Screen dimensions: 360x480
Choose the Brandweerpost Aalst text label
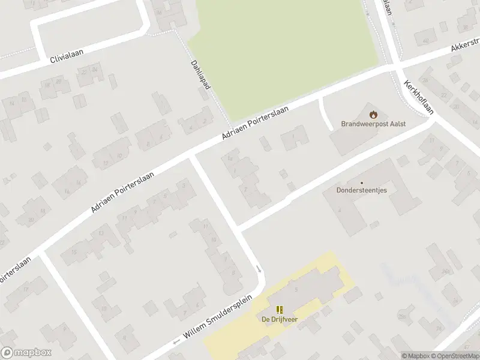373,124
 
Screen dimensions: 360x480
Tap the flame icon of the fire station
373,114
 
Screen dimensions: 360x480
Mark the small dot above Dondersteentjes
361,183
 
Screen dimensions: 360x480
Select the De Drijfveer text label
279,319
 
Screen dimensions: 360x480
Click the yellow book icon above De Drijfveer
279,310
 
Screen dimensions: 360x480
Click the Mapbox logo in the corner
26,353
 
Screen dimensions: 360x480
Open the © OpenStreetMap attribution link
454,356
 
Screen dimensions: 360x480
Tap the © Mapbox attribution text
415,356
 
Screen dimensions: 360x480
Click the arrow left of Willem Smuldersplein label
176,342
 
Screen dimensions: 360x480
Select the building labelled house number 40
425,41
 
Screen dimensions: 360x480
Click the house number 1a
230,158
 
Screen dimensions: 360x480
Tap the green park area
282,54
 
